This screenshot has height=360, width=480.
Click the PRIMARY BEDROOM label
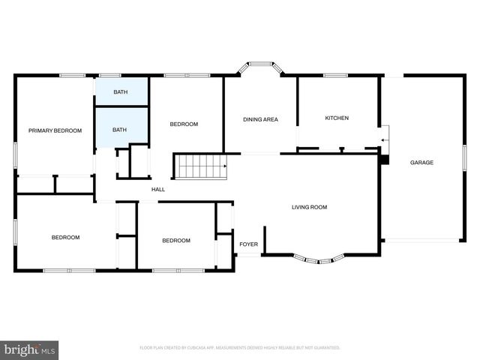coord(55,130)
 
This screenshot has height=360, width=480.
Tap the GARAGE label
coord(421,163)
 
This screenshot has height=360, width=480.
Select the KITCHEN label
coord(337,118)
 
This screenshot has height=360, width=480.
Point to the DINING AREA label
coord(260,119)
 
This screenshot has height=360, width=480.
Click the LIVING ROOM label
coord(309,207)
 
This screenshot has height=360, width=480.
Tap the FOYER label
coord(248,244)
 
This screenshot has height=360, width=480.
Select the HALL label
coord(158,190)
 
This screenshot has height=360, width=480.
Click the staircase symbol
coord(200,166)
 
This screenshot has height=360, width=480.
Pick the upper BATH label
coord(120,92)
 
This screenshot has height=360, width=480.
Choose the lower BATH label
coord(120,130)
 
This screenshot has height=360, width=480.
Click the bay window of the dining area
coord(260,69)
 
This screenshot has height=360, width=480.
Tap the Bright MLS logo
coord(29,349)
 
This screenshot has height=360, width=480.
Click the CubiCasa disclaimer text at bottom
coord(240,348)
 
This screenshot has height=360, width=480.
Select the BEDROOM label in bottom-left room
coord(65,238)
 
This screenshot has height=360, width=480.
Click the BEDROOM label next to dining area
coord(184,124)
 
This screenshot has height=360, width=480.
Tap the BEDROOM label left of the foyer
coord(176,241)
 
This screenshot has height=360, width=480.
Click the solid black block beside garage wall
coord(385,159)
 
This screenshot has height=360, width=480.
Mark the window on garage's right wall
coord(465,161)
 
